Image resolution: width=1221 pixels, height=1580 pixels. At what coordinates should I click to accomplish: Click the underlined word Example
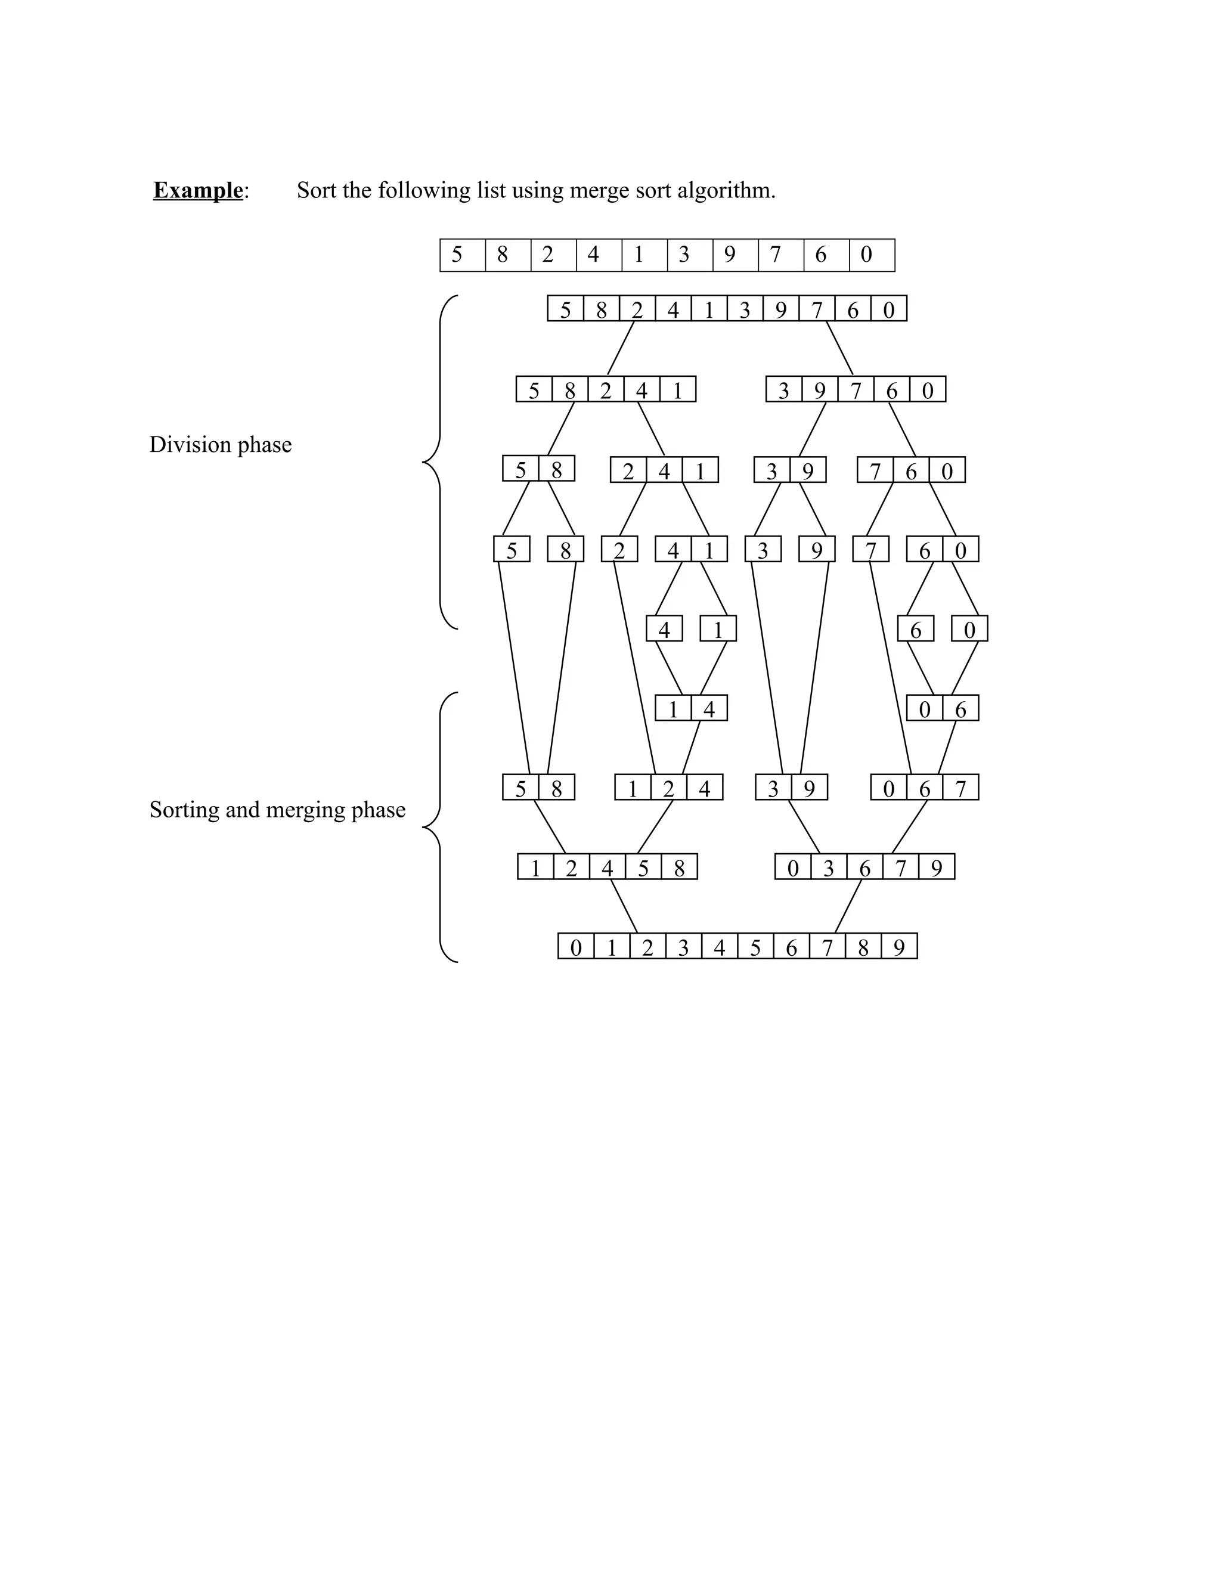pos(197,190)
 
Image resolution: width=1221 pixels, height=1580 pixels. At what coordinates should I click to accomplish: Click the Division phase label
pos(220,444)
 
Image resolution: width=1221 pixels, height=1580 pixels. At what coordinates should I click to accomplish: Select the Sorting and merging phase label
pos(277,810)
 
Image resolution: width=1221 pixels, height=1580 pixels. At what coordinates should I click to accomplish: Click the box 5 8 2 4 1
pos(606,389)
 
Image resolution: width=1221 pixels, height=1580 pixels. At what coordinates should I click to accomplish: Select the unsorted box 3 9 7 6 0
pos(855,389)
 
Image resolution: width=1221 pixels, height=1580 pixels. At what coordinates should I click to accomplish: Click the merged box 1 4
pos(691,708)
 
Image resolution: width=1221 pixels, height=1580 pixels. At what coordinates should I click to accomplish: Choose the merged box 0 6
pos(942,708)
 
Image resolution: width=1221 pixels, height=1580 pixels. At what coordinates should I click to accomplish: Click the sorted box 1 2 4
pos(668,787)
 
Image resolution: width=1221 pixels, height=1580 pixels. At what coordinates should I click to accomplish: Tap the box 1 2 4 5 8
pos(607,867)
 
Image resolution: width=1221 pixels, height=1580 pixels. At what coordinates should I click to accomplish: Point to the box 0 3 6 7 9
pos(864,867)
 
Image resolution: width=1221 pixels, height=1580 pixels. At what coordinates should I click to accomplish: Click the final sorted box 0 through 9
pos(737,946)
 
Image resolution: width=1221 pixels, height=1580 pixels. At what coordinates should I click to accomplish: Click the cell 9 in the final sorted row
pos(899,946)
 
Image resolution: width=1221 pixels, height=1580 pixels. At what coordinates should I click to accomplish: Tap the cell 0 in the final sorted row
pos(576,946)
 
